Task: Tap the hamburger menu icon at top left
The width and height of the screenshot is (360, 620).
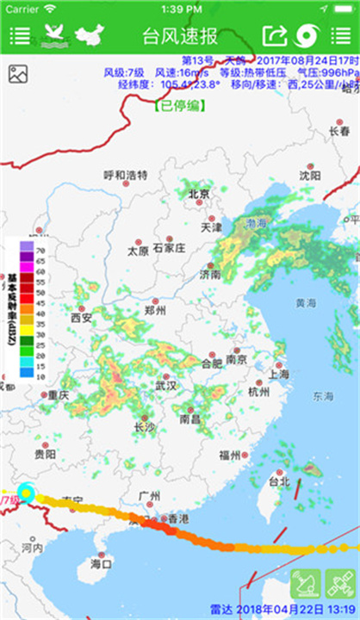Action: pos(19,36)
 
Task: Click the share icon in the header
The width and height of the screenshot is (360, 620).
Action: pos(273,36)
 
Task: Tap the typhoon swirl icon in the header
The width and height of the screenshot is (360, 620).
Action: pos(306,36)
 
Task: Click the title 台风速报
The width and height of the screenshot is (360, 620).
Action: pos(180,36)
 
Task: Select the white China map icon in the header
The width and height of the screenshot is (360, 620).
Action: pos(89,35)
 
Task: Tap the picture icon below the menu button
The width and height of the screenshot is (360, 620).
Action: pos(19,75)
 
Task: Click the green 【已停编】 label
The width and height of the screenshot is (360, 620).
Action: pos(180,107)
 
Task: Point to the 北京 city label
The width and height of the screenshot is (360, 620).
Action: pos(199,194)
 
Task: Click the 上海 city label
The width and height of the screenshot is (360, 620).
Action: pos(278,375)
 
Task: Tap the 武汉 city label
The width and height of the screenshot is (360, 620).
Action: pos(165,387)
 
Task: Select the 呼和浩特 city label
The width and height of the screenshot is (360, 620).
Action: pos(126,176)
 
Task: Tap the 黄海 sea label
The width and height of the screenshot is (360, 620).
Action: pos(306,303)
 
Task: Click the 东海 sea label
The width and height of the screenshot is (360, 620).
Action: pos(323,397)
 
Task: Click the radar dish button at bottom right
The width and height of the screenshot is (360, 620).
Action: pos(306,584)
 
